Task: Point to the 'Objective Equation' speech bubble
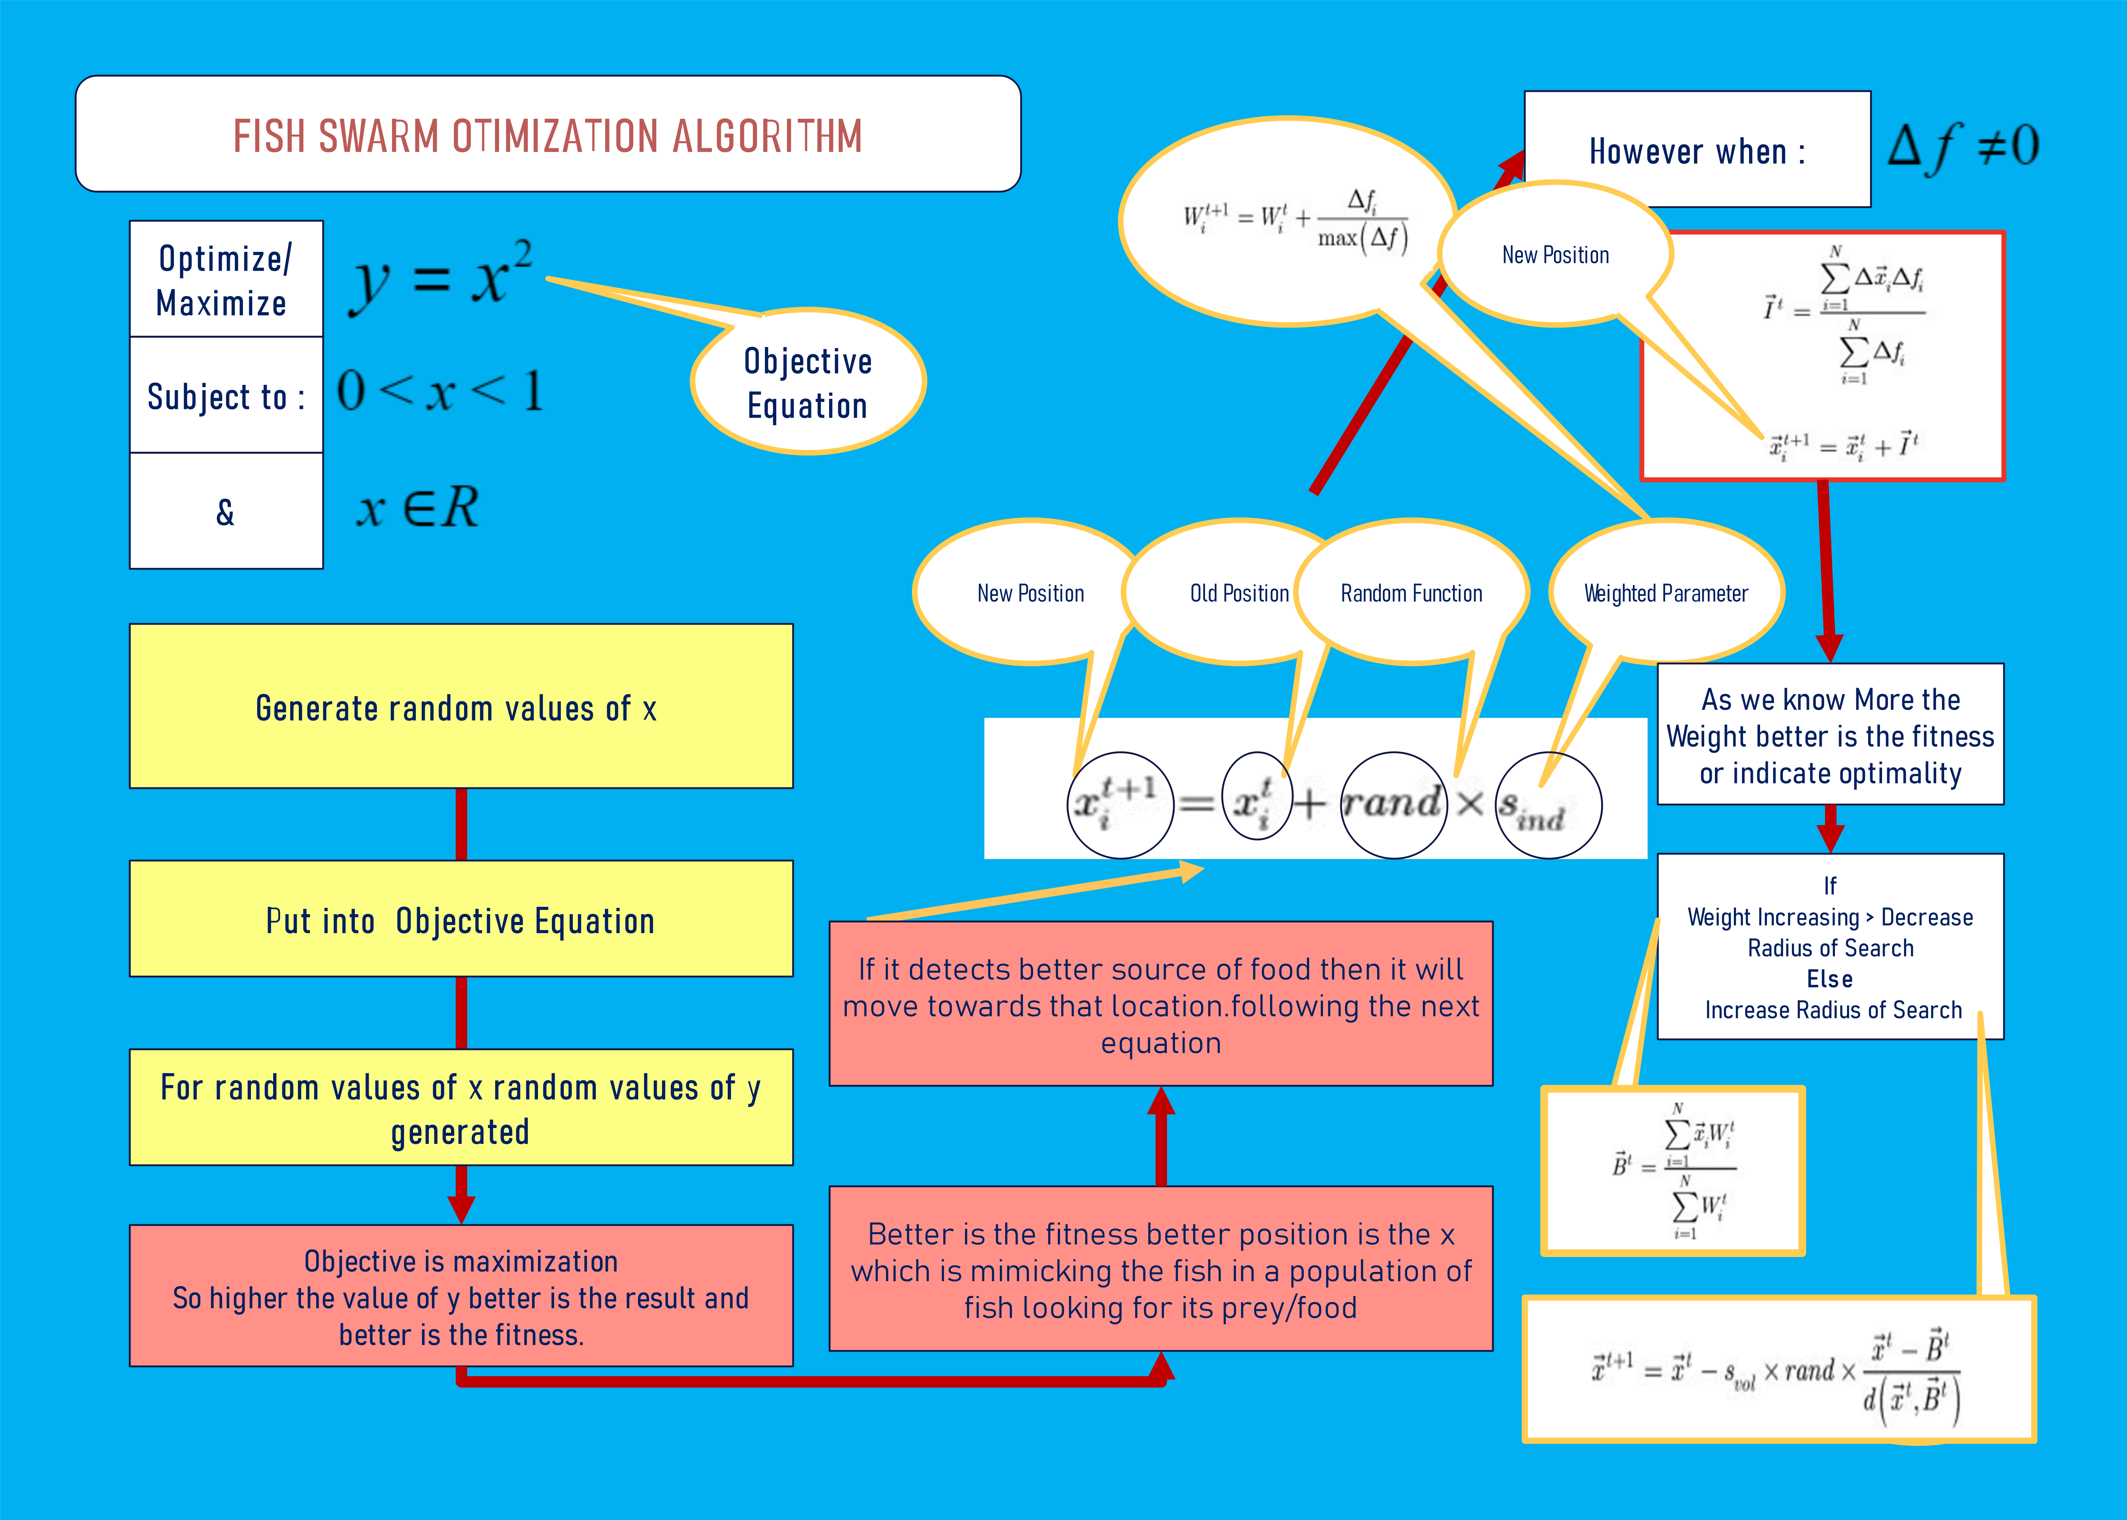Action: pos(807,383)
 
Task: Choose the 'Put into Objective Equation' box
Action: pos(460,919)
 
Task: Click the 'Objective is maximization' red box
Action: pos(460,1296)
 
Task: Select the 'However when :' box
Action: pos(1697,150)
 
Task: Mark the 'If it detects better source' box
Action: pos(1160,1004)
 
